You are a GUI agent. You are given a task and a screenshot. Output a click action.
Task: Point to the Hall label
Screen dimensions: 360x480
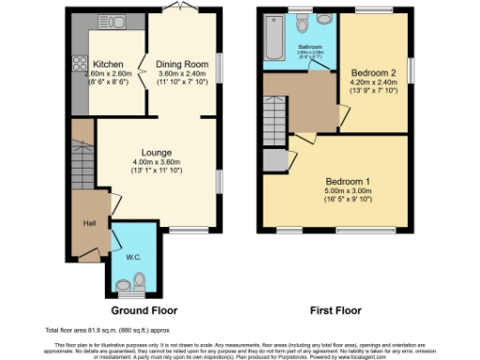coord(90,222)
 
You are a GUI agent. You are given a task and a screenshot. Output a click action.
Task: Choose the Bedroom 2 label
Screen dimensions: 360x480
coord(371,72)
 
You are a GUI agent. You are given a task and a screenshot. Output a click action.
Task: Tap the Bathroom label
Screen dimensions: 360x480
coord(299,45)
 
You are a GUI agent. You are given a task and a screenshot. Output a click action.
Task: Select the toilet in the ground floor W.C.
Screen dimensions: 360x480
coord(139,278)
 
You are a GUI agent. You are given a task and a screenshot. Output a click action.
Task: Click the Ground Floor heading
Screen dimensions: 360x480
coord(144,310)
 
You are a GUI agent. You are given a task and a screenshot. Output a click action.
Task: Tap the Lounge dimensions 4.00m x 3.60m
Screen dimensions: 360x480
coord(156,166)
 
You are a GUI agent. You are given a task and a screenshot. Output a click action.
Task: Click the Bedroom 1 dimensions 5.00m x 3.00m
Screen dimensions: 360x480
coord(348,196)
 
